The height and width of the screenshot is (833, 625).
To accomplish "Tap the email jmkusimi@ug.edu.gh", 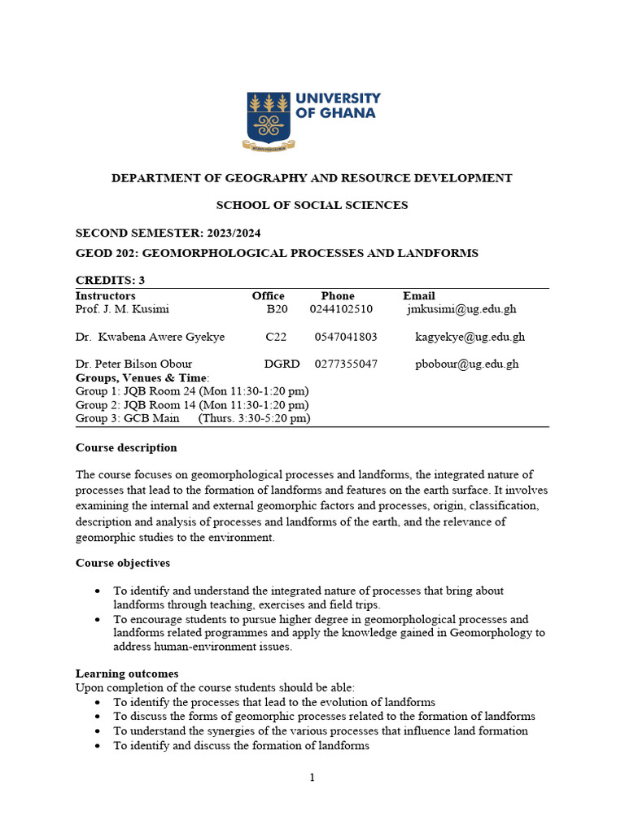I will pyautogui.click(x=461, y=309).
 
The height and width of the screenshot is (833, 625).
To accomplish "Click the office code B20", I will pyautogui.click(x=278, y=309).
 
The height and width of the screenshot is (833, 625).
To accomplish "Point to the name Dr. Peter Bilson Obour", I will pyautogui.click(x=134, y=364).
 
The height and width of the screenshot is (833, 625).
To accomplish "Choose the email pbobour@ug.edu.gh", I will pyautogui.click(x=467, y=364).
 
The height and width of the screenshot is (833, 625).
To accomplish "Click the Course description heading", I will pyautogui.click(x=126, y=447).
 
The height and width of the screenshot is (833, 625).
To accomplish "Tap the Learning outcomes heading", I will pyautogui.click(x=127, y=674).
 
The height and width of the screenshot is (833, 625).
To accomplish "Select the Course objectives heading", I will pyautogui.click(x=123, y=563).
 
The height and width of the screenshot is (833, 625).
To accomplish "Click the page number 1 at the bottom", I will pyautogui.click(x=312, y=778).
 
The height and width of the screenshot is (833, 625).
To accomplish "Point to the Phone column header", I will pyautogui.click(x=338, y=295).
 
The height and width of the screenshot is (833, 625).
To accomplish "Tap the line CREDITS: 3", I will pyautogui.click(x=110, y=281).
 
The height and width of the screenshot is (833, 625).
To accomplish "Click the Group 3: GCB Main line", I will pyautogui.click(x=193, y=419).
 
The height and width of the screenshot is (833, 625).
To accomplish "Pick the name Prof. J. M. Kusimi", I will pyautogui.click(x=123, y=309).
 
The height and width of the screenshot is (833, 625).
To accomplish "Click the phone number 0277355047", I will pyautogui.click(x=346, y=364).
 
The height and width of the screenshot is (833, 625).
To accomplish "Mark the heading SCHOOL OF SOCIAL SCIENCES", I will pyautogui.click(x=312, y=205).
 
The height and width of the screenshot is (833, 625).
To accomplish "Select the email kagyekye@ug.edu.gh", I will pyautogui.click(x=470, y=337).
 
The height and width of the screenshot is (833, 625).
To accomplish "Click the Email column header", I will pyautogui.click(x=419, y=295).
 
